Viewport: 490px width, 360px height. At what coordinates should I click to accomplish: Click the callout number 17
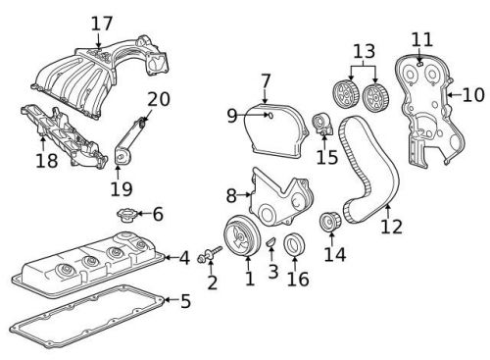click(x=102, y=23)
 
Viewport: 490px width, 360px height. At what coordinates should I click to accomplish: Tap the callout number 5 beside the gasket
click(x=185, y=300)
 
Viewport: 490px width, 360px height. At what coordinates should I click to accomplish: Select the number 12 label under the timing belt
click(x=392, y=227)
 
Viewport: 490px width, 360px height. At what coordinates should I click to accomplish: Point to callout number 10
click(x=473, y=94)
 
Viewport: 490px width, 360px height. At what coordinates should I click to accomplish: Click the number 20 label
click(x=159, y=98)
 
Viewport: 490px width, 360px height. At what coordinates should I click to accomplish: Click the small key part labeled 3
click(x=271, y=242)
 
